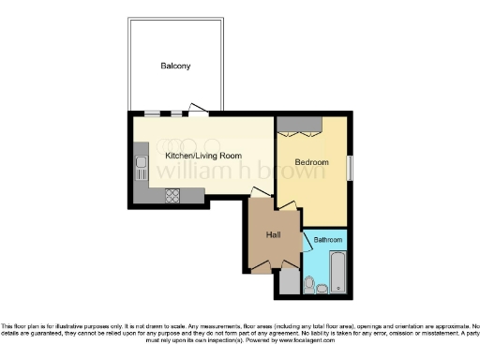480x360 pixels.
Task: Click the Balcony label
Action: [175, 66]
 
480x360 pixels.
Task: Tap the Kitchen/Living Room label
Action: [203, 155]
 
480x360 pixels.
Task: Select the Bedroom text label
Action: [311, 162]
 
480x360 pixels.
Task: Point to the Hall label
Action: [273, 234]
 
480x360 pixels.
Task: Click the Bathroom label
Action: [328, 241]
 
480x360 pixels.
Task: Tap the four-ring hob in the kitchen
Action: [172, 196]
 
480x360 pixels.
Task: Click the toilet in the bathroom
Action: [309, 282]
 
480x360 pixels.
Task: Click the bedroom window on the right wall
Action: [350, 167]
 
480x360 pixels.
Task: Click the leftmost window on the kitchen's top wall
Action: [153, 114]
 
